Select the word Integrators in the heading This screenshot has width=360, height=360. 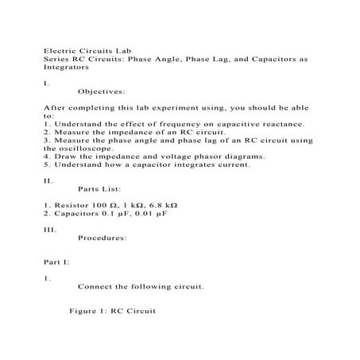pyautogui.click(x=68, y=68)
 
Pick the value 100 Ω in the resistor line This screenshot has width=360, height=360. pyautogui.click(x=99, y=206)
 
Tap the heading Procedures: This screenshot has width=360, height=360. pyautogui.click(x=103, y=238)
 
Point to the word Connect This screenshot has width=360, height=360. pyautogui.click(x=99, y=287)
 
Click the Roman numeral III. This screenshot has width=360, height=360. pyautogui.click(x=49, y=230)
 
